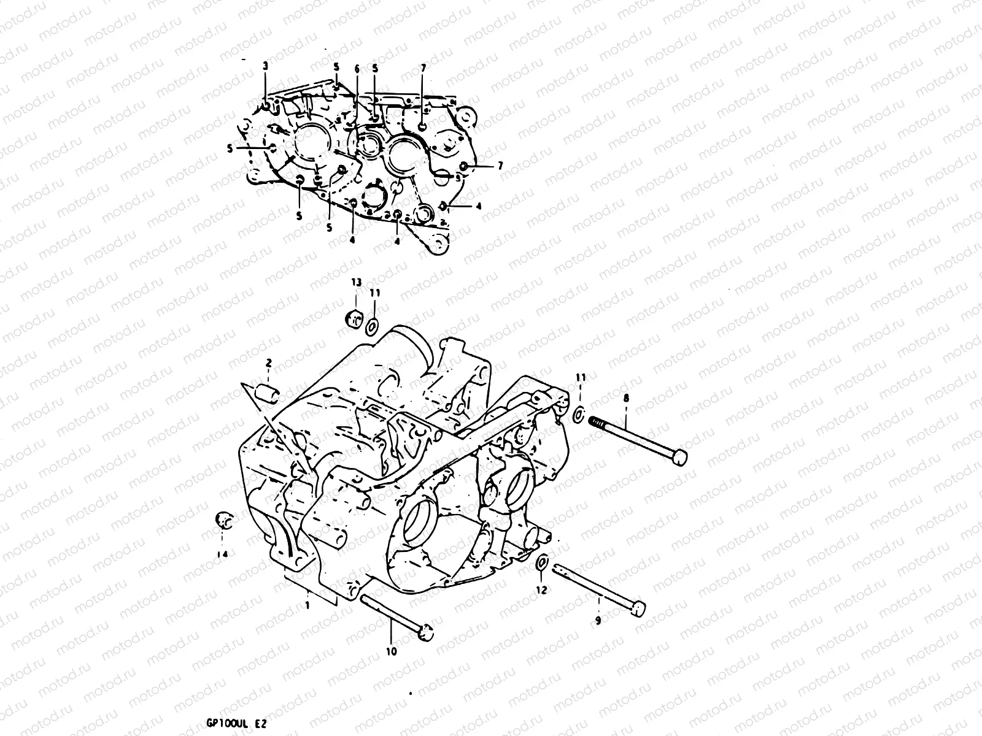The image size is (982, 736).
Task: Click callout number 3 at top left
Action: (x=265, y=66)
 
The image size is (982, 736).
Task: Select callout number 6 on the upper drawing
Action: (x=356, y=69)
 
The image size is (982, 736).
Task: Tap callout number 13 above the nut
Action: (x=357, y=282)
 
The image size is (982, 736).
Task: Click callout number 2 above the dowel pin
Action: (x=268, y=364)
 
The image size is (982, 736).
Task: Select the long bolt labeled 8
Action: (x=638, y=438)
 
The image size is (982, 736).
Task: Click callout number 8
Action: (x=626, y=399)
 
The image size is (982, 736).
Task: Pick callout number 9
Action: (x=598, y=621)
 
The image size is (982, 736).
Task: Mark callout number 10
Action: (x=391, y=651)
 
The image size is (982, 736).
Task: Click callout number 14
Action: (x=222, y=554)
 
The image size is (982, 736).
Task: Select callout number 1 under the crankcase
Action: (x=307, y=605)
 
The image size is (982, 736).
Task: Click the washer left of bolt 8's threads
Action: (x=578, y=415)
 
